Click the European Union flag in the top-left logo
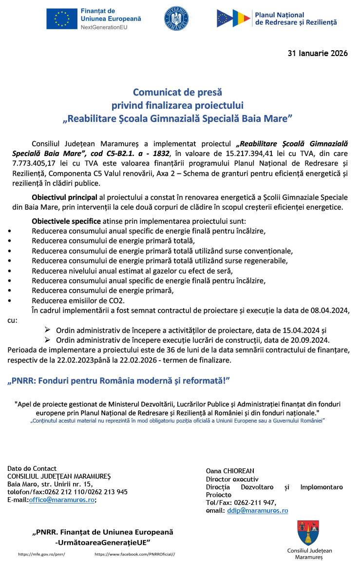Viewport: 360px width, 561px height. click(x=61, y=19)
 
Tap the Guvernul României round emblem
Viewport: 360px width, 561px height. click(x=176, y=19)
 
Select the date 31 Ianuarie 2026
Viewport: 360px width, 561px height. click(x=318, y=54)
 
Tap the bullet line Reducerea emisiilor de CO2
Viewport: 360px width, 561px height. click(x=78, y=300)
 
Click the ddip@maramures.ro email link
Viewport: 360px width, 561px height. click(x=257, y=510)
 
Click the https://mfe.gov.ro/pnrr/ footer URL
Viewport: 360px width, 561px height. click(x=41, y=554)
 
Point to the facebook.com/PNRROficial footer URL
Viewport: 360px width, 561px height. click(x=134, y=554)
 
